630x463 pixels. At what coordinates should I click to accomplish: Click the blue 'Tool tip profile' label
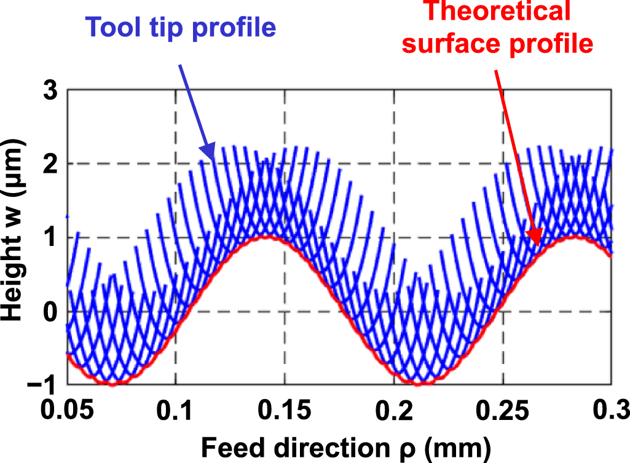tap(181, 26)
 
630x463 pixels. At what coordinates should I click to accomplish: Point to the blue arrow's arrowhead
tap(208, 154)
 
